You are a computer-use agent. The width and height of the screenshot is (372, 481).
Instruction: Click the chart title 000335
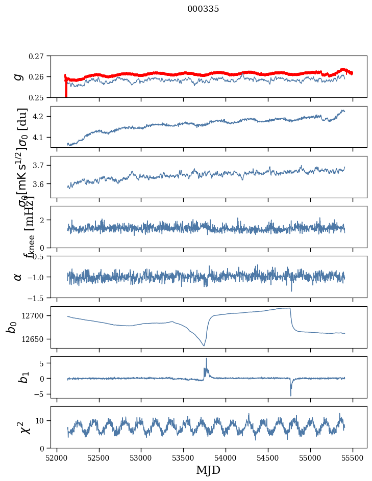pyautogui.click(x=203, y=9)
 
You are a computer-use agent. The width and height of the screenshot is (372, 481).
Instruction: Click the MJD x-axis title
pyautogui.click(x=208, y=470)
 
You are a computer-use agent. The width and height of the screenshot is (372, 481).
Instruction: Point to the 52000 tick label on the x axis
pyautogui.click(x=57, y=457)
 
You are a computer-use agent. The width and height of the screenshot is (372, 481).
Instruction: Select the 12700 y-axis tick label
pyautogui.click(x=35, y=316)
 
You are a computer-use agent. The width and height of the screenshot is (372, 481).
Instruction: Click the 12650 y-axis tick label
pyautogui.click(x=35, y=339)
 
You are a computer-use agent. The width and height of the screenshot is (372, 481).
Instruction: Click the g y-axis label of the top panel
pyautogui.click(x=18, y=76)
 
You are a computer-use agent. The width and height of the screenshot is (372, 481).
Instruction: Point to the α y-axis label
pyautogui.click(x=18, y=277)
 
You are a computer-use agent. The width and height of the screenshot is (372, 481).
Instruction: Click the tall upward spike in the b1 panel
pyautogui.click(x=206, y=359)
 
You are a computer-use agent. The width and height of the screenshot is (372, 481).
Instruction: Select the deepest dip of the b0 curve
pyautogui.click(x=204, y=345)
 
